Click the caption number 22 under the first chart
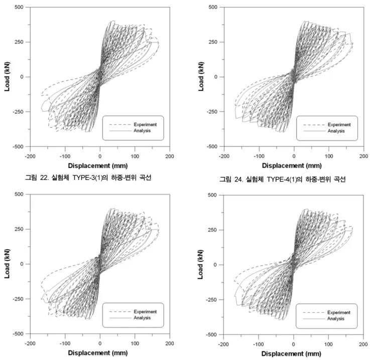(44, 177)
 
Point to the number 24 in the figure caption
(238, 179)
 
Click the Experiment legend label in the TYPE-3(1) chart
(145, 125)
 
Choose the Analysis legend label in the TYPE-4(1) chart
(336, 131)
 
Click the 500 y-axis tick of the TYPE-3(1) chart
(19, 7)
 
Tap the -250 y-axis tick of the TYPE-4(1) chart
(212, 112)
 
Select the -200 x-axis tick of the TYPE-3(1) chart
(30, 156)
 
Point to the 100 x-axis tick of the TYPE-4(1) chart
(329, 156)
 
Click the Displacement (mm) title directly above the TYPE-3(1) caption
(98, 165)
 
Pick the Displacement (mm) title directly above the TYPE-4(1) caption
(292, 165)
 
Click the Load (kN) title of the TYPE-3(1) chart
(7, 77)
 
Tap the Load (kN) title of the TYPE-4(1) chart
(201, 77)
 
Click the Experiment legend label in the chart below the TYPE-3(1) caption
(145, 312)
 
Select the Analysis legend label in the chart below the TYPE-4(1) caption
(335, 318)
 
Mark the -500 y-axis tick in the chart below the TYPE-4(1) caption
(211, 334)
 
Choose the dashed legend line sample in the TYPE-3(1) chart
(120, 125)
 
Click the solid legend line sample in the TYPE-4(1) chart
(314, 131)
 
